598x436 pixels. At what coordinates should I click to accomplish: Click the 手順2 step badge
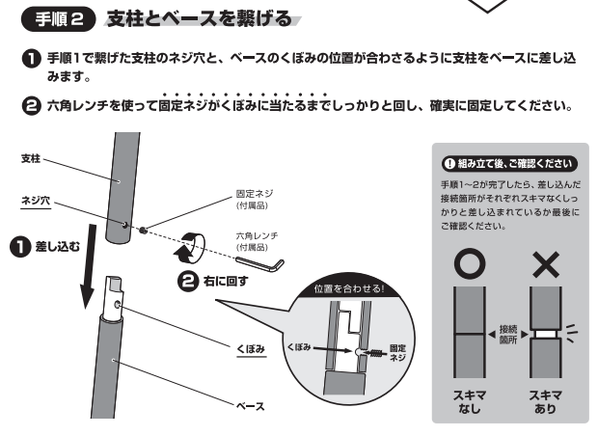pos(58,19)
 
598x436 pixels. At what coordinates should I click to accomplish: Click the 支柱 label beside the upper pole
pos(31,158)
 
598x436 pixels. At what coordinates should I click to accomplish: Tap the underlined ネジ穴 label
pos(36,201)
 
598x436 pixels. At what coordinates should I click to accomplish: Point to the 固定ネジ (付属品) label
pos(255,199)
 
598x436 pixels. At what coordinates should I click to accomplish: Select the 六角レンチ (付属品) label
pos(257,241)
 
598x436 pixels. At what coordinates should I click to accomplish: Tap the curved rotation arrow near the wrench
pos(189,248)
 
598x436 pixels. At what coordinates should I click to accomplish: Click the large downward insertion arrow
pos(88,266)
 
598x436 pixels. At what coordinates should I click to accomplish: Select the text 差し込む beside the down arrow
pos(58,246)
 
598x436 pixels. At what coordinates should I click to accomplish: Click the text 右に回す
pos(226,281)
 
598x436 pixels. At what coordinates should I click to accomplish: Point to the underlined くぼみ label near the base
pos(251,348)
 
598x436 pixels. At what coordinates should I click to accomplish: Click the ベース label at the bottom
pos(250,407)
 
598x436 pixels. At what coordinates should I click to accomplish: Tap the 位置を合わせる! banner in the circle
pos(348,288)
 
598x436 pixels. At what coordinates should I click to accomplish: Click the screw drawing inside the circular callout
pos(374,353)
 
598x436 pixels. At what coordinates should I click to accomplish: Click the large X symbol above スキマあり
pos(546,264)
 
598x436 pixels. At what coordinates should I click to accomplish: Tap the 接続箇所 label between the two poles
pos(507,334)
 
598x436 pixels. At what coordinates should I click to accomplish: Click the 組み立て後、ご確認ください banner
pos(509,164)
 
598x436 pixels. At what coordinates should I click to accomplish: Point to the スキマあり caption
pos(545,401)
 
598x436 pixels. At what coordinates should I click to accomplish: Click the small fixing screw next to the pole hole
pos(143,231)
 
